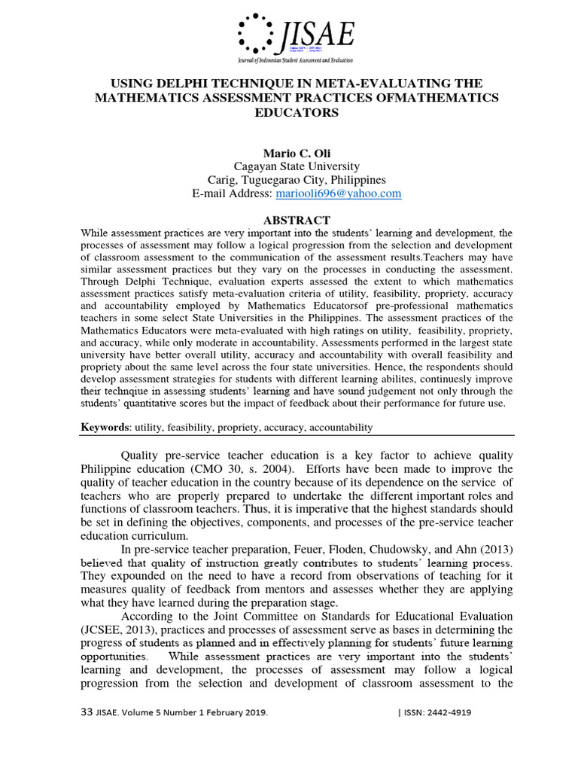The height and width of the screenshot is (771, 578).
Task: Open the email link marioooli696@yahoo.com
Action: [x=338, y=194]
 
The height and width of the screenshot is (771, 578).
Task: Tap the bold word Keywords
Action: [x=105, y=427]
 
